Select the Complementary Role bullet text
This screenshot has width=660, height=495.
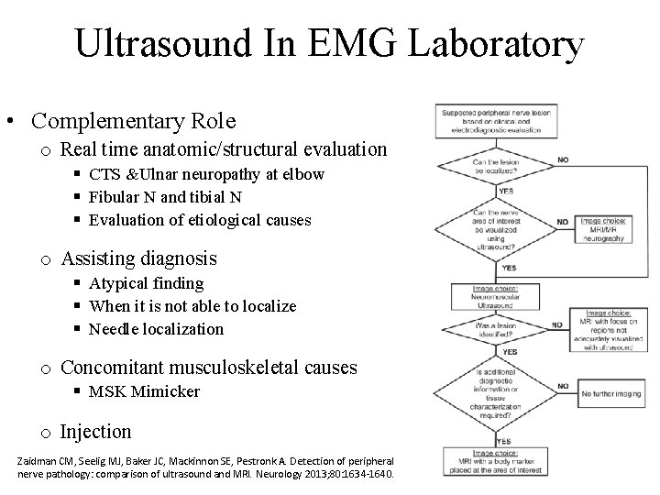pyautogui.click(x=133, y=121)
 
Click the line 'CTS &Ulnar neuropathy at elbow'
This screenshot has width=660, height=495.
pyautogui.click(x=206, y=174)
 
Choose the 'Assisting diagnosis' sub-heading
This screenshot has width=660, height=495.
pyautogui.click(x=138, y=259)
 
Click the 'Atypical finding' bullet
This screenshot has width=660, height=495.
pyautogui.click(x=146, y=284)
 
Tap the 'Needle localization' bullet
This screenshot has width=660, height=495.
pyautogui.click(x=156, y=328)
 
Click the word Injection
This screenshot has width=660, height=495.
pyautogui.click(x=95, y=431)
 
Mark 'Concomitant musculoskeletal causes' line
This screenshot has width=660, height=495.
pyautogui.click(x=208, y=368)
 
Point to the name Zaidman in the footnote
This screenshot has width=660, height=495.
pyautogui.click(x=39, y=458)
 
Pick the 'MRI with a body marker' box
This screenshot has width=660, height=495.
pyautogui.click(x=492, y=463)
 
